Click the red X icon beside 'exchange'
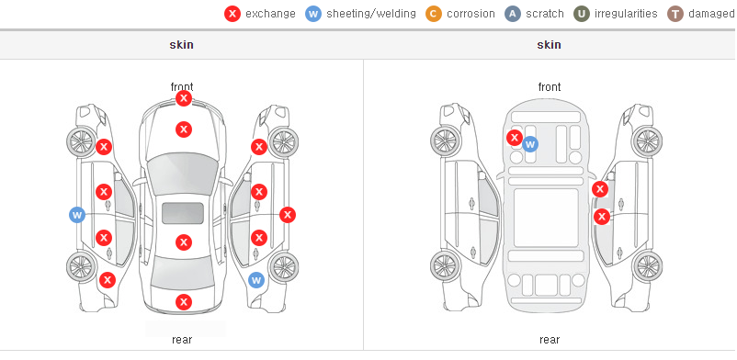point(232,14)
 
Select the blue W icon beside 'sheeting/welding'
point(313,14)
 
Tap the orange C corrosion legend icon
point(434,14)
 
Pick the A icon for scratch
point(513,14)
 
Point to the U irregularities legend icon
point(582,14)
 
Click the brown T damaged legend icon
point(675,14)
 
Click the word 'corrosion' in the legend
point(471,14)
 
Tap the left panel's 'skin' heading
point(181,45)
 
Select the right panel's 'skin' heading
point(549,45)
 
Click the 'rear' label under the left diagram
point(182,340)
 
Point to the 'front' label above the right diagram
point(550,87)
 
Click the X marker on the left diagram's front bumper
point(184,98)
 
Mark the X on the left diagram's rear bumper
point(184,302)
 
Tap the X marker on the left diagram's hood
point(184,129)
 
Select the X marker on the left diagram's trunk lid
point(184,242)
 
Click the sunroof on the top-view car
point(183,213)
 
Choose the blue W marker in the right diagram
point(530,144)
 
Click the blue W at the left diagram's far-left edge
point(77,215)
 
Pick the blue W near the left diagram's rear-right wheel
point(256,281)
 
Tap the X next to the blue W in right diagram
point(515,138)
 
